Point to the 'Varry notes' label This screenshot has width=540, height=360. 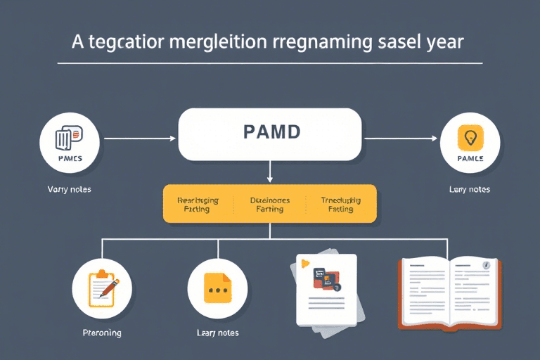pos(69,190)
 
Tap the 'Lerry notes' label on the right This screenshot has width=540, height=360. pos(470,190)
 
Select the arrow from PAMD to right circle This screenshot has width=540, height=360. pos(399,139)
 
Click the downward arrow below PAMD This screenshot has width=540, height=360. pos(270,172)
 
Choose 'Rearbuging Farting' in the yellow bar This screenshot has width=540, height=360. pos(198,205)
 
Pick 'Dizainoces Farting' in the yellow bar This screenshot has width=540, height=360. pos(270,205)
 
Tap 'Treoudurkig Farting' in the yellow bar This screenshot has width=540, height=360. pos(340,205)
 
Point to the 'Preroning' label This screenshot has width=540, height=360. pos(102,333)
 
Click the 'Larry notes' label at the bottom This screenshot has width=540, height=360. pos(217,333)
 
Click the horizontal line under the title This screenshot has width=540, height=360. pos(270,64)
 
